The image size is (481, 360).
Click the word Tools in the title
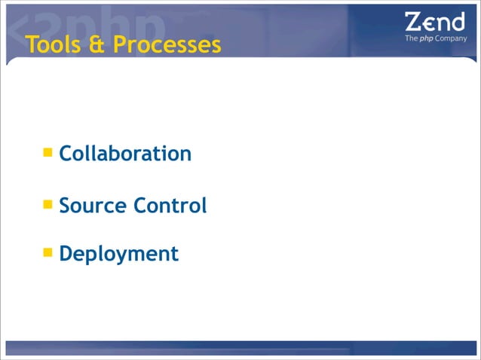click(54, 46)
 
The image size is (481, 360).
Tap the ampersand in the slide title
click(97, 46)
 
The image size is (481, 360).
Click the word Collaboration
click(125, 154)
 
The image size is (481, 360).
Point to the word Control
click(170, 205)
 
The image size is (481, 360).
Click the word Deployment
click(118, 254)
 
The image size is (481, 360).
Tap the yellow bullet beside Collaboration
click(47, 153)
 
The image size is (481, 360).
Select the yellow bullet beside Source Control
click(47, 204)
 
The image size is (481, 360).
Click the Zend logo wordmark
click(435, 22)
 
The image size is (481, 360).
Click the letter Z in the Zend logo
click(414, 22)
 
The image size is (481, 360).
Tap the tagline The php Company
click(436, 38)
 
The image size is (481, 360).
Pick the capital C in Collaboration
click(66, 154)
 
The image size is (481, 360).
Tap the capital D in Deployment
click(66, 254)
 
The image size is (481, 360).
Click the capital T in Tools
click(31, 46)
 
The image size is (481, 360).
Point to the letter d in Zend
click(458, 21)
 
